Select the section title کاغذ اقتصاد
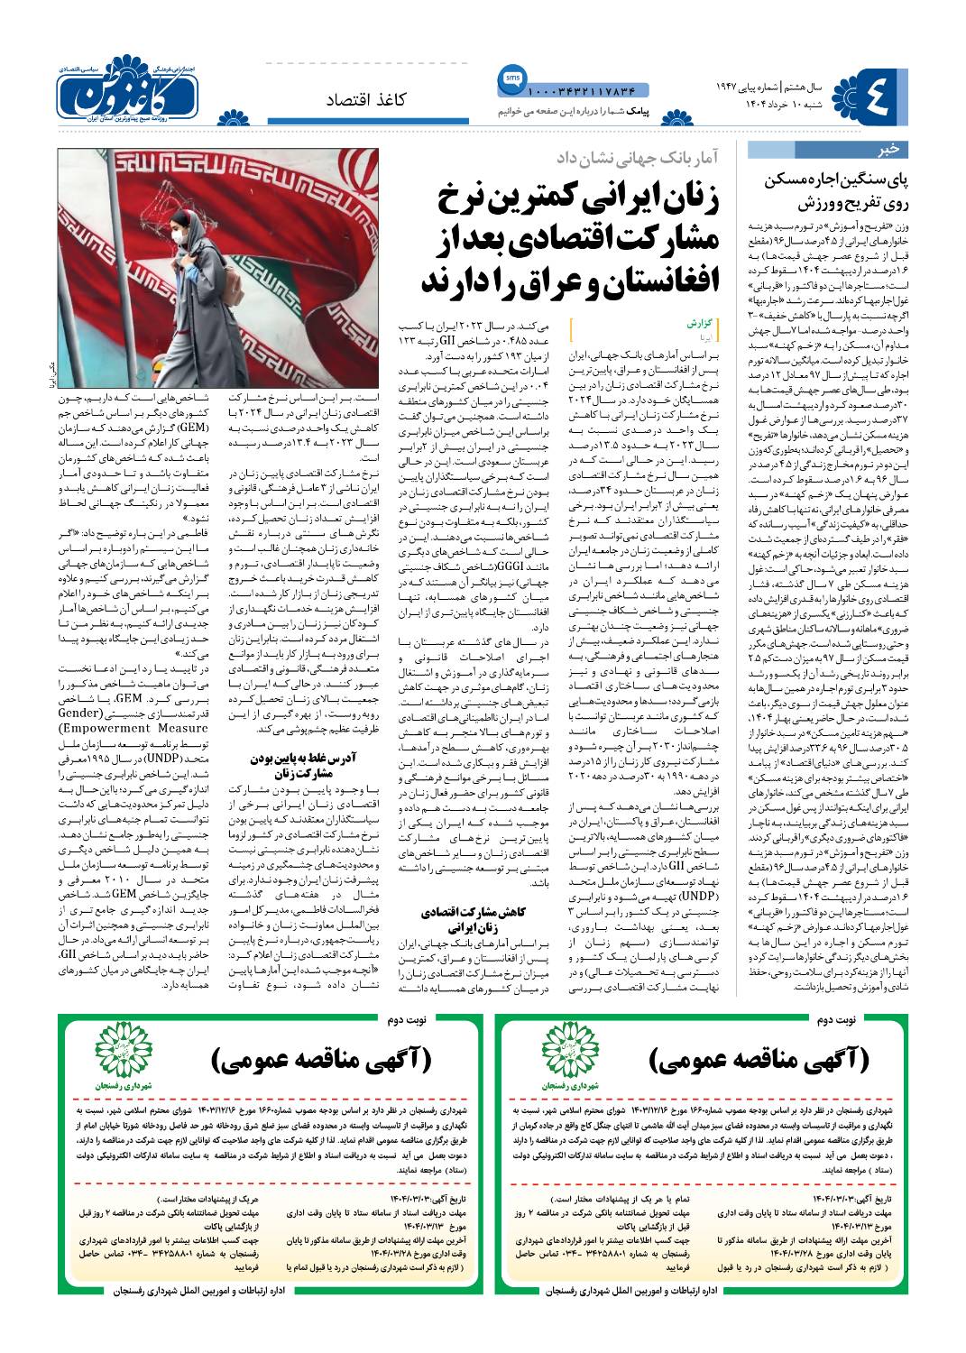(366, 99)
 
